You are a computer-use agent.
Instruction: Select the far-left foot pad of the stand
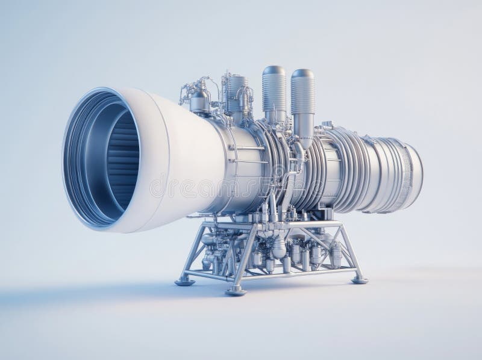click(x=184, y=280)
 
